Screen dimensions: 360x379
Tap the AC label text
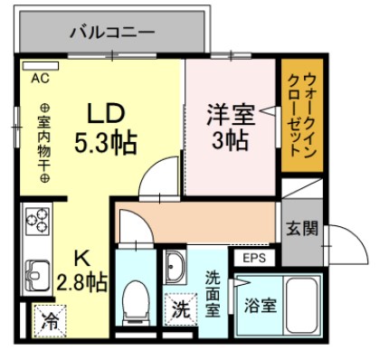tap(40, 78)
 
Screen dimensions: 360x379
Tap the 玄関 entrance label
tap(302, 228)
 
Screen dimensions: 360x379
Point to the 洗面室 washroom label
tap(212, 292)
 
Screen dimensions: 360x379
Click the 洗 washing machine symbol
tap(180, 308)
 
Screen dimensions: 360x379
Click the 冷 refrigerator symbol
tap(51, 318)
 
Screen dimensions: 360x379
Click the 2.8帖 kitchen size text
tap(81, 280)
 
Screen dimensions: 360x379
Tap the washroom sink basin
tap(175, 269)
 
